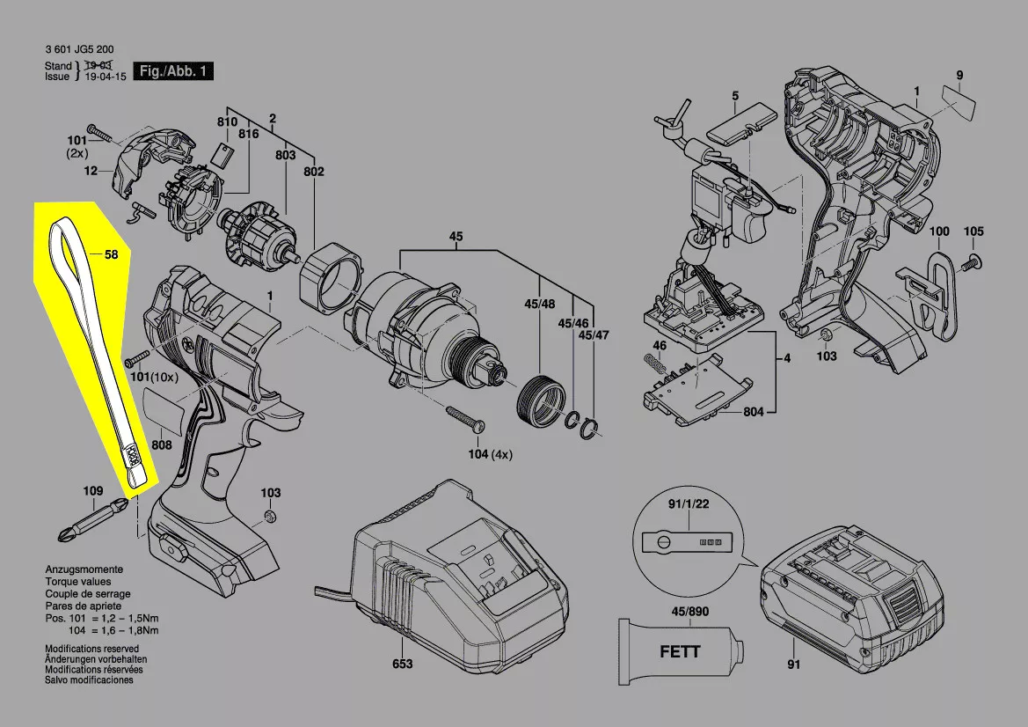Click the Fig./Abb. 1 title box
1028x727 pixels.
coord(172,71)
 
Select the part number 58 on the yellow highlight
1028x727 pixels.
coord(111,255)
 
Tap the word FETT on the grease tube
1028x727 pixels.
coord(680,652)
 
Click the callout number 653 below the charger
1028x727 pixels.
coord(402,665)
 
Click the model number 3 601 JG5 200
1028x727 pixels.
coord(78,50)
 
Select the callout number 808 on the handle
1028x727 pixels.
coord(161,445)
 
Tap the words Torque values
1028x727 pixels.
coord(78,582)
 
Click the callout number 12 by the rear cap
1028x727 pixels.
coord(91,172)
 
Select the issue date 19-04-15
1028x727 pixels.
coord(105,77)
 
